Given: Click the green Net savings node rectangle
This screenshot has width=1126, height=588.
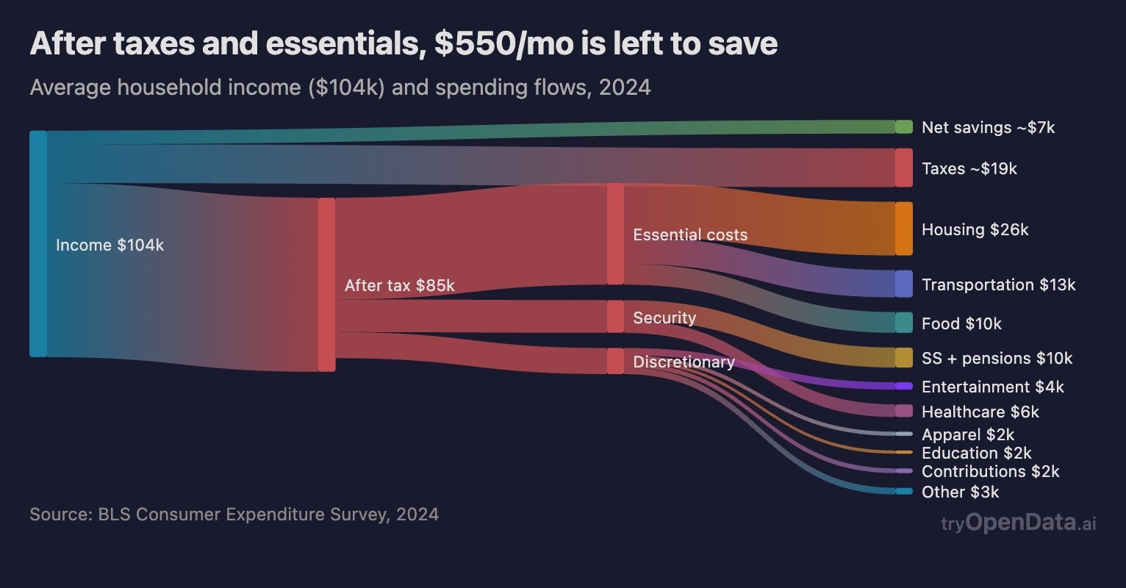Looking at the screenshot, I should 903,126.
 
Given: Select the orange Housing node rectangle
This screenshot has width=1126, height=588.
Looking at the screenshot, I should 903,229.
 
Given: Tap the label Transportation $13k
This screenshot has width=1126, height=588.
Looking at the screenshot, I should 998,284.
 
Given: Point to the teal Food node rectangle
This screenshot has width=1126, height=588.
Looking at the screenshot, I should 903,323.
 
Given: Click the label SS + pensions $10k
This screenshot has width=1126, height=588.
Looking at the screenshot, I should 997,358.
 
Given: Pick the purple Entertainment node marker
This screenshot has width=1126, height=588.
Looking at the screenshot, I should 903,387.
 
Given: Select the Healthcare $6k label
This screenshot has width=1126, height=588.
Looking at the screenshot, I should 980,412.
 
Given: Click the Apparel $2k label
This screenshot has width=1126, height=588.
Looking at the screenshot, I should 967,434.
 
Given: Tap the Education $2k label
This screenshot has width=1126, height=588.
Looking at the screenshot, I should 976,453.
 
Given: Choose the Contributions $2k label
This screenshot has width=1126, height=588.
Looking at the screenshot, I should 990,471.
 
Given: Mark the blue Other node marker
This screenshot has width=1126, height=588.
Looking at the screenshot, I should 903,491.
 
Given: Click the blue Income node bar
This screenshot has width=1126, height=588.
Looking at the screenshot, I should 38,244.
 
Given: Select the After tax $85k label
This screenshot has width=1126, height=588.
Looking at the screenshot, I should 399,285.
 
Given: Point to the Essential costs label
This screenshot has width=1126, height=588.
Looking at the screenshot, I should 689,234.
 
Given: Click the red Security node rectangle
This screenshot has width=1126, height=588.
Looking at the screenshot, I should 615,317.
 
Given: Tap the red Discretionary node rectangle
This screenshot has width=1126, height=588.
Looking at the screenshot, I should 615,361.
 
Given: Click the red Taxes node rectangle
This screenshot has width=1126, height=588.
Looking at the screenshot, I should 903,168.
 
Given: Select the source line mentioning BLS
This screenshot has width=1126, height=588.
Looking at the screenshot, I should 234,514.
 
